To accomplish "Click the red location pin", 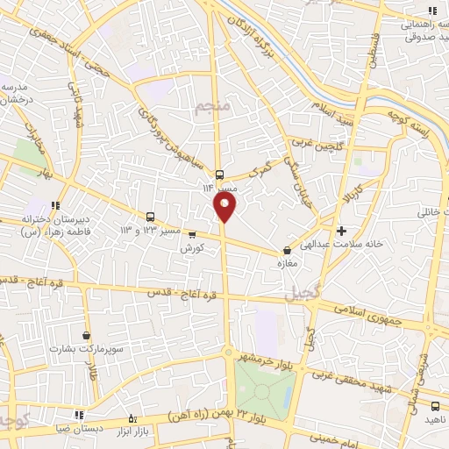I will click(x=224, y=207).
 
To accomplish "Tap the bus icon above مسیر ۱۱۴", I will click(x=219, y=173).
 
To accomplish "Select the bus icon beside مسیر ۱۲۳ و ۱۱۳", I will click(x=150, y=217).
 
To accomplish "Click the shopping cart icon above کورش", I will click(x=192, y=234).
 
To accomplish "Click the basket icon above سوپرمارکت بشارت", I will click(x=86, y=335).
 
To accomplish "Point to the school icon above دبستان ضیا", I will click(x=79, y=415).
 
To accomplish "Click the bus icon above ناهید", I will click(x=436, y=406).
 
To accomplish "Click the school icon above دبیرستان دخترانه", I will click(x=56, y=206).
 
